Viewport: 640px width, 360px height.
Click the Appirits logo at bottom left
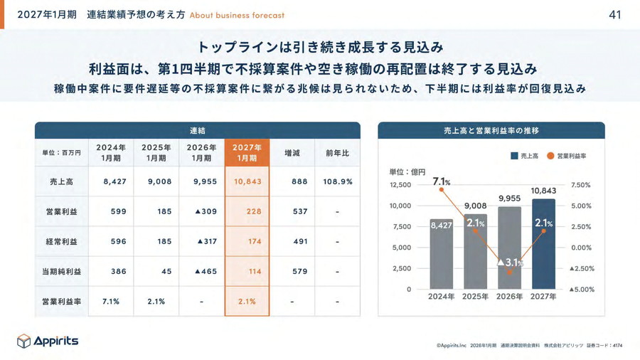(x=48, y=341)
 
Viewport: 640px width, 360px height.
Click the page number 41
(x=615, y=14)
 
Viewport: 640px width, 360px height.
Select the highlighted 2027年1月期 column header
(x=247, y=152)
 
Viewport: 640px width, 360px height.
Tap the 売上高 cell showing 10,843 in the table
(x=247, y=181)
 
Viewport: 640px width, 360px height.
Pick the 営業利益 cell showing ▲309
(x=201, y=211)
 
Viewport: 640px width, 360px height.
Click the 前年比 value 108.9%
(x=337, y=181)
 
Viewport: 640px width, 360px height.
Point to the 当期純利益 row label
(x=63, y=272)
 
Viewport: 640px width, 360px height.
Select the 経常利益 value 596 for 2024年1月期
(x=111, y=241)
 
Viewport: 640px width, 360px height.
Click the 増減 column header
(x=292, y=152)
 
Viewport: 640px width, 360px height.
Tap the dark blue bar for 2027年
(x=543, y=245)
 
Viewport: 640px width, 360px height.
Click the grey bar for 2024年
(x=441, y=256)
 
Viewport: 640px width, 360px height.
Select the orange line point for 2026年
(x=509, y=272)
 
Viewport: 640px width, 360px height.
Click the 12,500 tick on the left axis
(x=400, y=185)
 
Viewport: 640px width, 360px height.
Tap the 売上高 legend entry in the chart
(x=525, y=156)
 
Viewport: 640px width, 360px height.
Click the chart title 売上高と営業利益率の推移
(x=491, y=131)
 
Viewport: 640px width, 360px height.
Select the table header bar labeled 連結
(x=197, y=131)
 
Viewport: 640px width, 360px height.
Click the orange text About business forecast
(x=237, y=15)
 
